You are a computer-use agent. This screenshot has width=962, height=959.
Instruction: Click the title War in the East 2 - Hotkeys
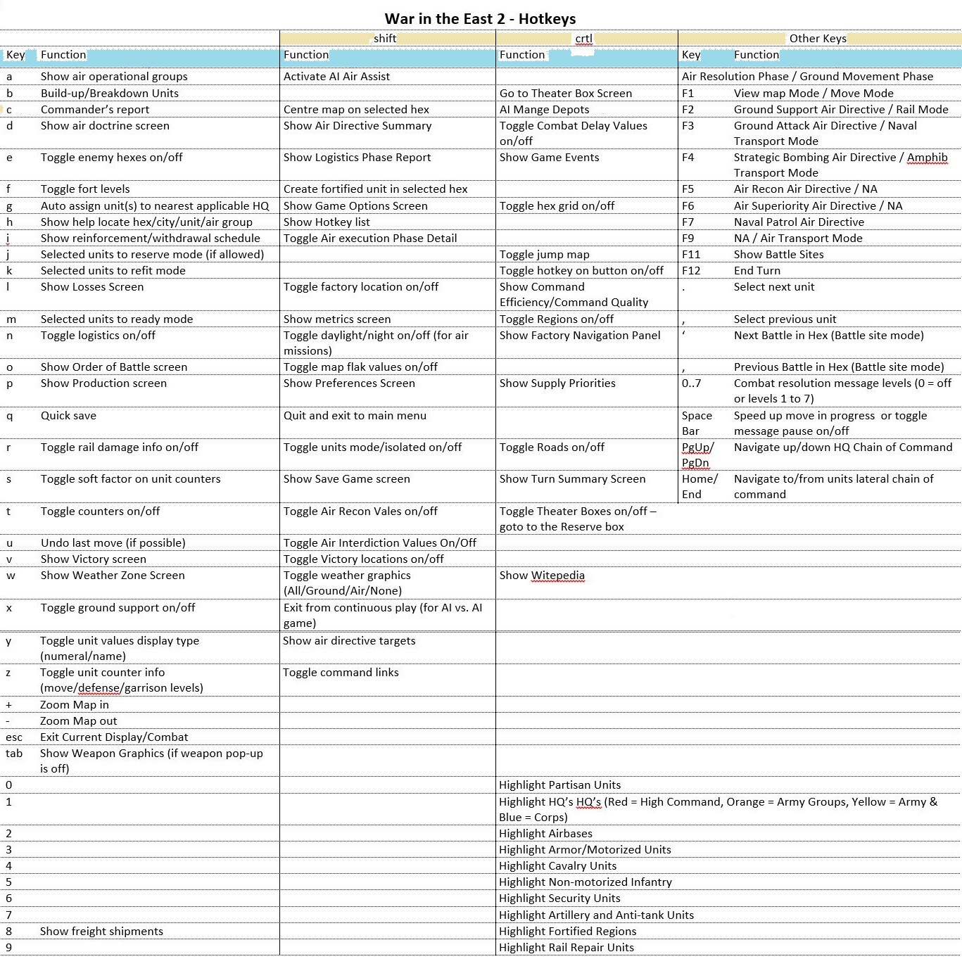[x=480, y=19]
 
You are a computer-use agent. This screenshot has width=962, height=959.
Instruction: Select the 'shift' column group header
[x=385, y=39]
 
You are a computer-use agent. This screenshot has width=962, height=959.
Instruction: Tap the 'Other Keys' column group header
[x=817, y=39]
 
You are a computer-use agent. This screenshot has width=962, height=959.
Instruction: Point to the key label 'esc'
[x=14, y=737]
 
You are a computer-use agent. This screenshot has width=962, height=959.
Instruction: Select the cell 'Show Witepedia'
[x=542, y=576]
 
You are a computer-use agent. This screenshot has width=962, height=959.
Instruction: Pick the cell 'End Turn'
[x=757, y=271]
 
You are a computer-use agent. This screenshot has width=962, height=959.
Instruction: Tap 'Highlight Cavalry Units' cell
[x=557, y=866]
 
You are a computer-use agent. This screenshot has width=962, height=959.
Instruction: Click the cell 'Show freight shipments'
[x=101, y=932]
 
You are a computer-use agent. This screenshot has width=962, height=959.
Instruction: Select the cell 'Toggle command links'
[x=341, y=673]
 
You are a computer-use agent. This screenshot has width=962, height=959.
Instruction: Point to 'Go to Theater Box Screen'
[x=565, y=94]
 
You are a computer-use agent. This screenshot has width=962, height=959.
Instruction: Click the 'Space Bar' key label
[x=696, y=424]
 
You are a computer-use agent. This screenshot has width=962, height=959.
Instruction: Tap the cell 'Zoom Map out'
[x=78, y=721]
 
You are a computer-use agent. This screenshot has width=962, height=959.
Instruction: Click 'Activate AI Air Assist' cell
[x=336, y=77]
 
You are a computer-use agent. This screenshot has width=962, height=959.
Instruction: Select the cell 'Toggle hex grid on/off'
[x=557, y=206]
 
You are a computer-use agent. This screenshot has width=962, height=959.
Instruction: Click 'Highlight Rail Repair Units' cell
[x=566, y=948]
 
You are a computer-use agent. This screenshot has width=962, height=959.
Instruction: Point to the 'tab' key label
[x=14, y=754]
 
